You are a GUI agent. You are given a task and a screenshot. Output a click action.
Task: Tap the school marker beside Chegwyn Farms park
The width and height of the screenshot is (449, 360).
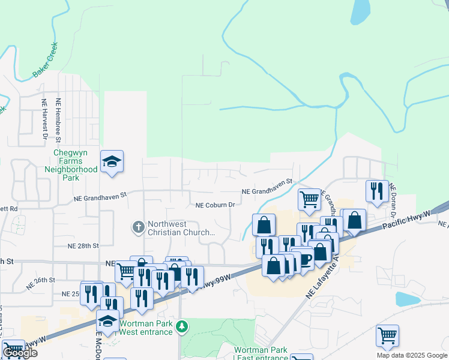pyautogui.click(x=112, y=162)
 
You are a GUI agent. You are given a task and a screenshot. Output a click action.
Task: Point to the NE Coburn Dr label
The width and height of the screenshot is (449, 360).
pyautogui.click(x=214, y=205)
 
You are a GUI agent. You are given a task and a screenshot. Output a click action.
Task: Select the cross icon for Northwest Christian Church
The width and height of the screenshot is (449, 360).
pyautogui.click(x=138, y=227)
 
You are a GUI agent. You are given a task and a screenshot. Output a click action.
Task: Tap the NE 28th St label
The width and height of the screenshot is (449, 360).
pyautogui.click(x=83, y=246)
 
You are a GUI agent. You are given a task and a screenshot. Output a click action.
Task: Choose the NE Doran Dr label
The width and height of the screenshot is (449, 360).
pyautogui.click(x=393, y=200)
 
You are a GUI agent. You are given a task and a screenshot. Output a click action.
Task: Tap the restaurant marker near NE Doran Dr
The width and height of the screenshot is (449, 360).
pyautogui.click(x=377, y=191)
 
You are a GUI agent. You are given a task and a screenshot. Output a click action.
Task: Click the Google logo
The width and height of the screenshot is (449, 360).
pyautogui.click(x=20, y=353)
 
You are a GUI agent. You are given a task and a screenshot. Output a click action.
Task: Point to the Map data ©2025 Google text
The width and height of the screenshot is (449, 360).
pyautogui.click(x=412, y=355)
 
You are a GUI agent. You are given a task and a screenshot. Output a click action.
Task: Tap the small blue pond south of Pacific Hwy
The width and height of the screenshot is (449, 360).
pyautogui.click(x=408, y=299)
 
